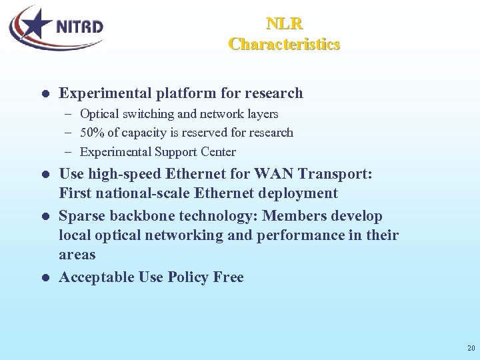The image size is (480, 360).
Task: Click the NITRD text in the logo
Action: point(79,27)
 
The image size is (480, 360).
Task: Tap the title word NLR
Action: point(285,24)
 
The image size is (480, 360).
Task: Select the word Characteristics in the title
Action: point(285,44)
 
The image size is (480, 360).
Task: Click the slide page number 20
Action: point(471,348)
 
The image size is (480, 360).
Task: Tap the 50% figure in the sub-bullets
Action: point(91,133)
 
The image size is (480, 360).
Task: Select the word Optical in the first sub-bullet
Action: point(99,114)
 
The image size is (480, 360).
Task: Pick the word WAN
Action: point(270,174)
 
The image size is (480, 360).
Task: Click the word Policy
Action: point(188,277)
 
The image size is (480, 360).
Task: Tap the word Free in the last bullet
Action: point(228,277)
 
